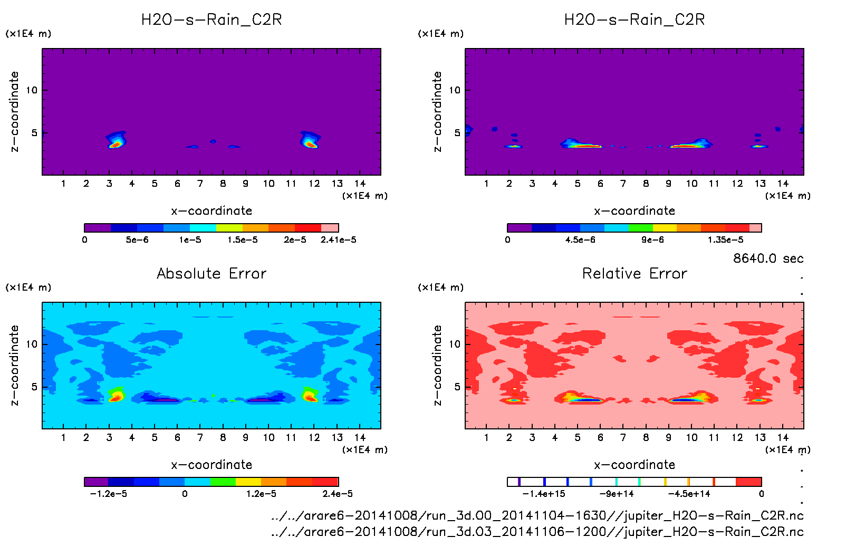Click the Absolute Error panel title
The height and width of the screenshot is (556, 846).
(x=211, y=273)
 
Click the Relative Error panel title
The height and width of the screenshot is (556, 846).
(x=634, y=273)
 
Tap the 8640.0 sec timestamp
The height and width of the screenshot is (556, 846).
(x=768, y=258)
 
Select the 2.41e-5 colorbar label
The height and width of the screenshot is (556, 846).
(x=338, y=240)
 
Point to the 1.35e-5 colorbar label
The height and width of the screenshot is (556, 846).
(x=725, y=240)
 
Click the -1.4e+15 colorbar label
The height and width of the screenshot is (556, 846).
(x=543, y=494)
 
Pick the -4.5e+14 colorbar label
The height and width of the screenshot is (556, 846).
(x=689, y=494)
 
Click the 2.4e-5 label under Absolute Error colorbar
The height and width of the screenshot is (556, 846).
(x=338, y=494)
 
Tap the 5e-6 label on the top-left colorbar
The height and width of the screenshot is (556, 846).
(x=137, y=240)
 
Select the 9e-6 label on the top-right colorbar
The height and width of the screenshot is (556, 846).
(x=652, y=240)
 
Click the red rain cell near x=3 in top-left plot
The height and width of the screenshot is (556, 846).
(x=116, y=142)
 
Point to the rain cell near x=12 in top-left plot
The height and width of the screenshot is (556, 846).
(x=310, y=142)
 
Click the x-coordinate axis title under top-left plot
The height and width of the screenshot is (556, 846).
(x=211, y=211)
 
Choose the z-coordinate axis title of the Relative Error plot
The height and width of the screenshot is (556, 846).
(x=437, y=365)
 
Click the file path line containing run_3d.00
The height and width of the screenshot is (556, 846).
(x=537, y=515)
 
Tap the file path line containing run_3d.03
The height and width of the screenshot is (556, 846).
(x=537, y=532)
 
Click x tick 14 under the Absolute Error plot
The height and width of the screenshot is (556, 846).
(x=360, y=438)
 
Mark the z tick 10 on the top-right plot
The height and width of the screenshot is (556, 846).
(x=454, y=90)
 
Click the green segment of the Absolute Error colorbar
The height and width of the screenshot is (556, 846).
(x=223, y=482)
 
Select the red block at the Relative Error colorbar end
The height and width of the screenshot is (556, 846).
(x=748, y=482)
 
